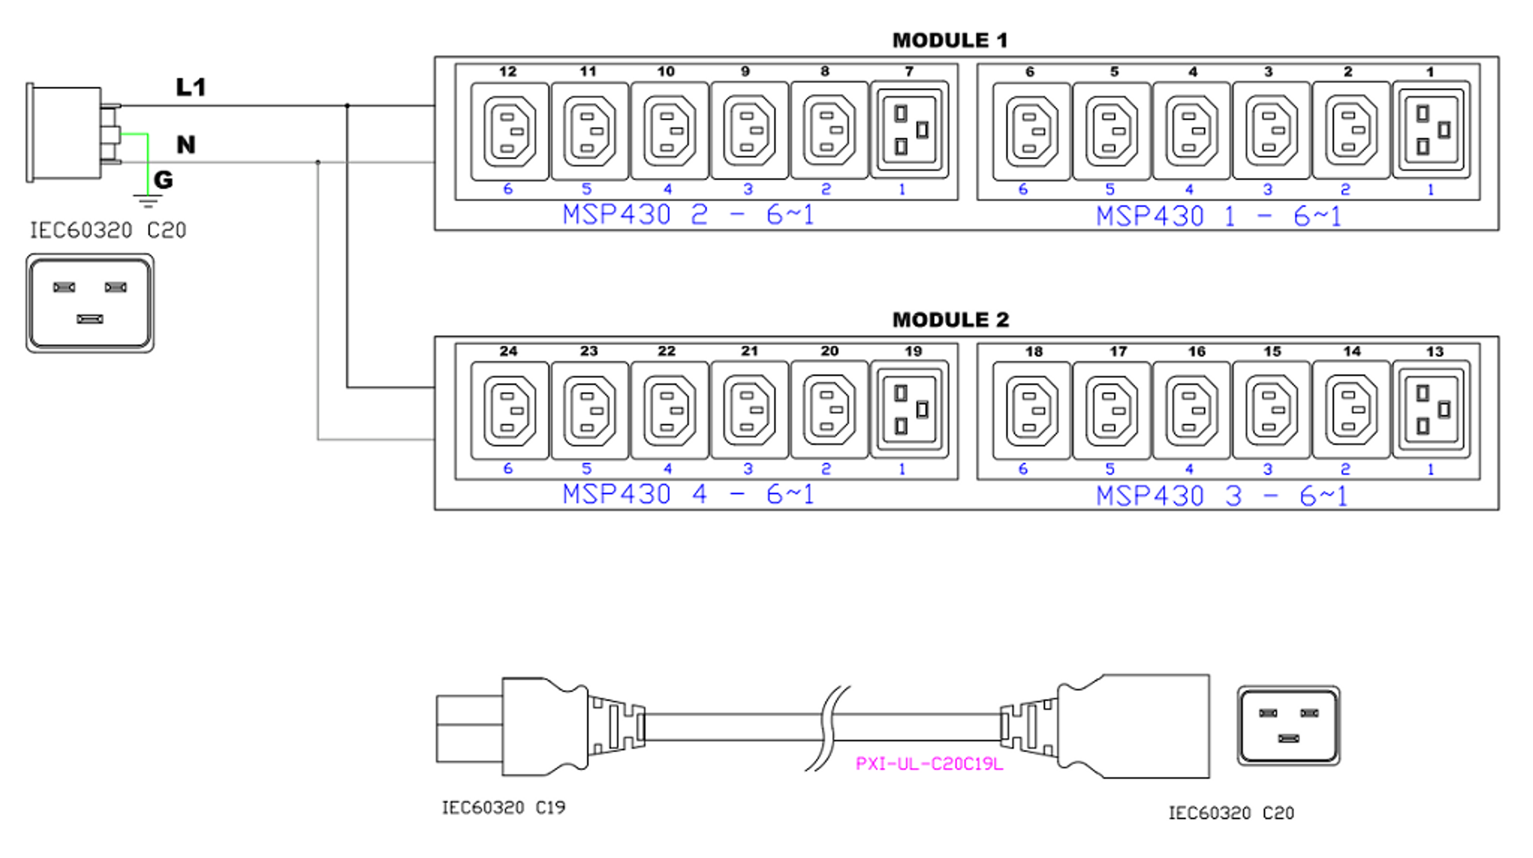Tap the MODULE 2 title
(951, 320)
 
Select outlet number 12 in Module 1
(509, 131)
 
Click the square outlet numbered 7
(909, 130)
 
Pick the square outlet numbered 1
(1431, 130)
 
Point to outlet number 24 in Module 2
(509, 410)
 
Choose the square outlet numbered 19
(909, 409)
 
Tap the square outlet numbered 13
(1431, 409)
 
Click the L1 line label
(191, 87)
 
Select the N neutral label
(186, 145)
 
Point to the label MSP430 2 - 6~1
(688, 215)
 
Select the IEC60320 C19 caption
(503, 807)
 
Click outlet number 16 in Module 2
(1191, 410)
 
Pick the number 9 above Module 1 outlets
(745, 71)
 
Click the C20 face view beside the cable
(1288, 725)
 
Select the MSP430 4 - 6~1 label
(688, 494)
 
